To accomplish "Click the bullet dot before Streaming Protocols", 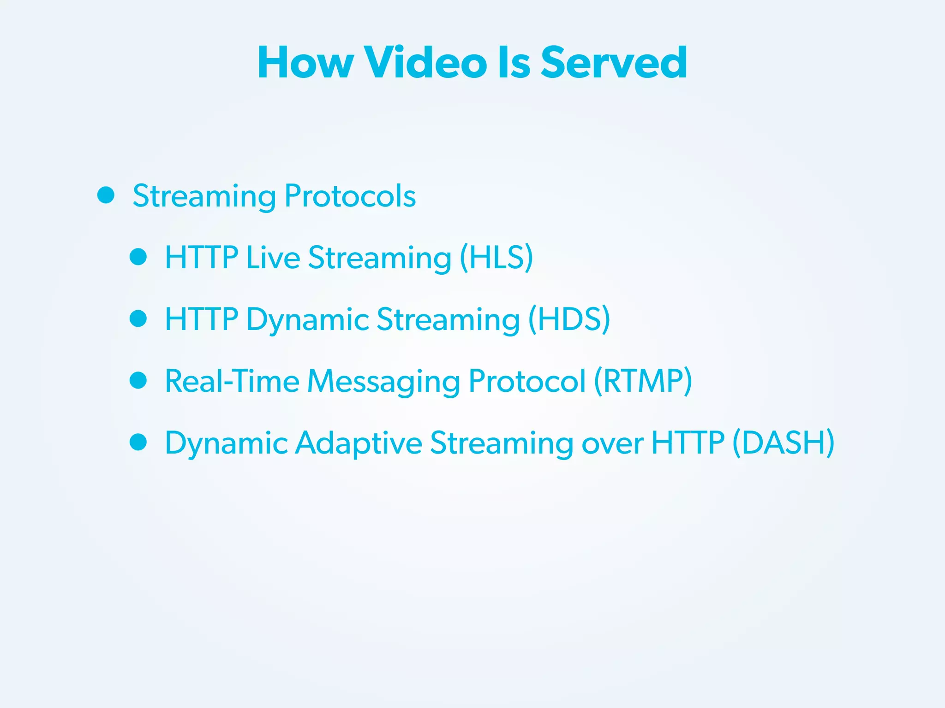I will point(106,195).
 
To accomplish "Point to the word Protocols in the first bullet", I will point(350,196).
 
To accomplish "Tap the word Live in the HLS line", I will point(273,257).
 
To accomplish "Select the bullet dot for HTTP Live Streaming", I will point(138,257).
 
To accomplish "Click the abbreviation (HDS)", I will point(569,319).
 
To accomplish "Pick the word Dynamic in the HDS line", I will point(307,320).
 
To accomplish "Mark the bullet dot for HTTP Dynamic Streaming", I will point(138,319).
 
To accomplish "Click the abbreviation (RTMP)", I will point(643,381).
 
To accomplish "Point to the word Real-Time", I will point(232,381).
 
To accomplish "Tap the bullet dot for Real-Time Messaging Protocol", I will point(138,380).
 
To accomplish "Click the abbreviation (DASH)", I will point(784,443).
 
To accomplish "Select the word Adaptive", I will point(359,443).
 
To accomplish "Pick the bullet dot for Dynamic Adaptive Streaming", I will point(138,442).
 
